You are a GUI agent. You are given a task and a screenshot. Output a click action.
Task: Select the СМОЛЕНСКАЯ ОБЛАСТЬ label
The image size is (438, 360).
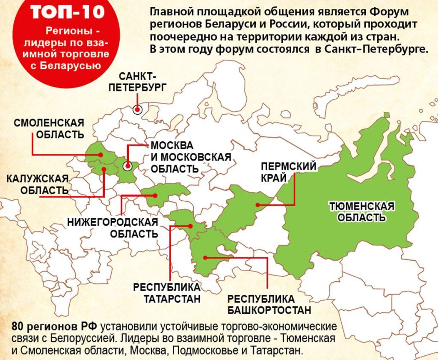[x=49, y=128]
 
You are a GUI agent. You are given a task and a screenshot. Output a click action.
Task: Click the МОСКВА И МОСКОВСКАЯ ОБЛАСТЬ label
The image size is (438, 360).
[x=190, y=157]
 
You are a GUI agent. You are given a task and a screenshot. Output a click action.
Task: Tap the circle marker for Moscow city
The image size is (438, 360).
[x=127, y=166]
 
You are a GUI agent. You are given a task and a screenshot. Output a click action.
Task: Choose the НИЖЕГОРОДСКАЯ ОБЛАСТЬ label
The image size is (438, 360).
[x=112, y=228]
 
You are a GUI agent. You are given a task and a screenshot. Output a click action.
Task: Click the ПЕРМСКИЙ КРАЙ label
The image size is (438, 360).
[x=289, y=172]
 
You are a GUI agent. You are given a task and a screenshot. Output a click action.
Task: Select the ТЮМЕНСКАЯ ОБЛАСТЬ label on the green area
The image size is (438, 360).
[x=362, y=212]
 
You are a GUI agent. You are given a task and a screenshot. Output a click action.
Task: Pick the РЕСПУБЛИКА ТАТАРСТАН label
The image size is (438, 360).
[x=167, y=292]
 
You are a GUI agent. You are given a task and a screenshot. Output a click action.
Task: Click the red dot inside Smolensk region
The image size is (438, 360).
[x=101, y=154]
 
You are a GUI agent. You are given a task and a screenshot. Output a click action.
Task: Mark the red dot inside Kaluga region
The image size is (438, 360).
[x=104, y=170]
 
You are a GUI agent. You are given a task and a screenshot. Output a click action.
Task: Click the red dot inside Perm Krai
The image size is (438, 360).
[x=258, y=205]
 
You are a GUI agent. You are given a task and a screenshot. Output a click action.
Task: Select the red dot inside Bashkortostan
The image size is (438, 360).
[x=205, y=257]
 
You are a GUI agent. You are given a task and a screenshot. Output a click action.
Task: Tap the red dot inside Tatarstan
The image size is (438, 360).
[x=192, y=226]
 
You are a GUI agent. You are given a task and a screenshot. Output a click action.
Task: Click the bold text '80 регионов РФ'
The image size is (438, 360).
[x=56, y=327]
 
